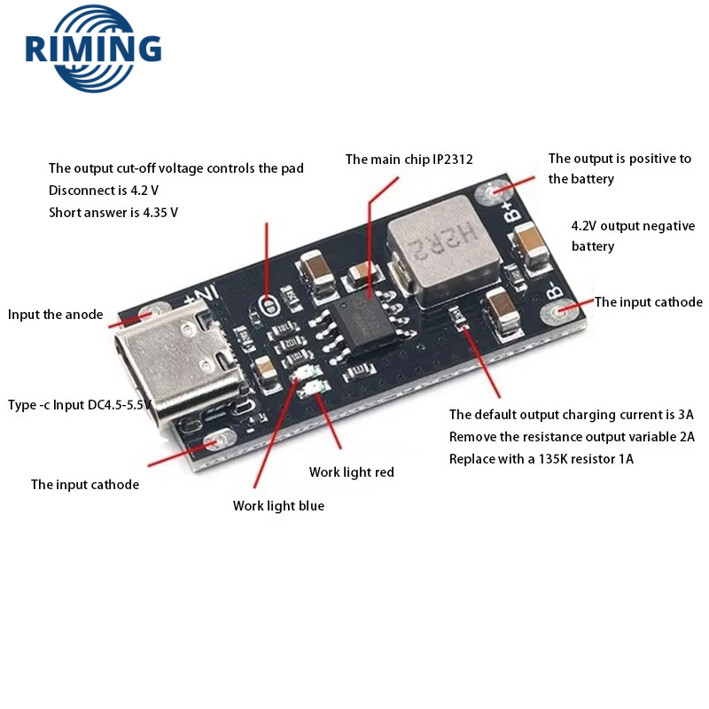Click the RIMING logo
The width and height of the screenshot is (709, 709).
93,48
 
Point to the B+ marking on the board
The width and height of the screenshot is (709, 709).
511,209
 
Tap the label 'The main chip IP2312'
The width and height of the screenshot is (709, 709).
409,160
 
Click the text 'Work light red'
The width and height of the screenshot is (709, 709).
351,471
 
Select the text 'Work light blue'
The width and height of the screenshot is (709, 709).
278,505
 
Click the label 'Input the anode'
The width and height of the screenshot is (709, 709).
55,314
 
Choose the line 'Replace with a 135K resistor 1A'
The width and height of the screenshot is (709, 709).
541,459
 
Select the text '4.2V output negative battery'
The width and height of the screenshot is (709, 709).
633,236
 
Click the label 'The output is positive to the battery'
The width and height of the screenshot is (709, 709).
619,168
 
